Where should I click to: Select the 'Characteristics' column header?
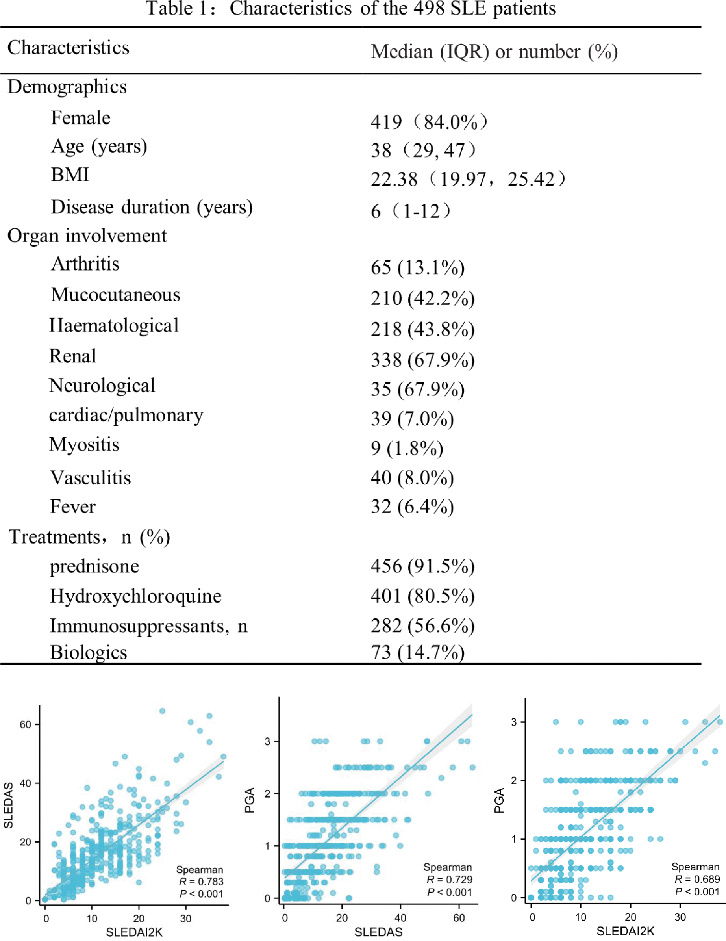(x=69, y=47)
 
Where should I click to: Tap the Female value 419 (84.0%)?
(x=429, y=122)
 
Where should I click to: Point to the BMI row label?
(x=70, y=175)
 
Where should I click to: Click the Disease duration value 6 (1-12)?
(x=410, y=211)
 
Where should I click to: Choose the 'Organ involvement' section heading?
(x=87, y=236)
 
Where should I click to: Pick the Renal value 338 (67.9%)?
(x=422, y=359)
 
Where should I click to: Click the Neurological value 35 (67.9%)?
(x=417, y=389)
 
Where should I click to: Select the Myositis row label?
(x=84, y=444)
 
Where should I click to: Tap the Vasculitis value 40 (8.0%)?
(x=412, y=477)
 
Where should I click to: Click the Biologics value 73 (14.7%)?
(x=417, y=652)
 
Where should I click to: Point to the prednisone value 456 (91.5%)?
(x=422, y=566)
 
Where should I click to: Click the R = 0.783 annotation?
(x=201, y=882)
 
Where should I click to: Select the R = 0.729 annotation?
(x=449, y=880)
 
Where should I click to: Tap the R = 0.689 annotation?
(x=697, y=879)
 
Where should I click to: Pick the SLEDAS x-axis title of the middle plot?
(x=378, y=932)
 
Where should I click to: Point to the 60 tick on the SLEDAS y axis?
(x=26, y=724)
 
